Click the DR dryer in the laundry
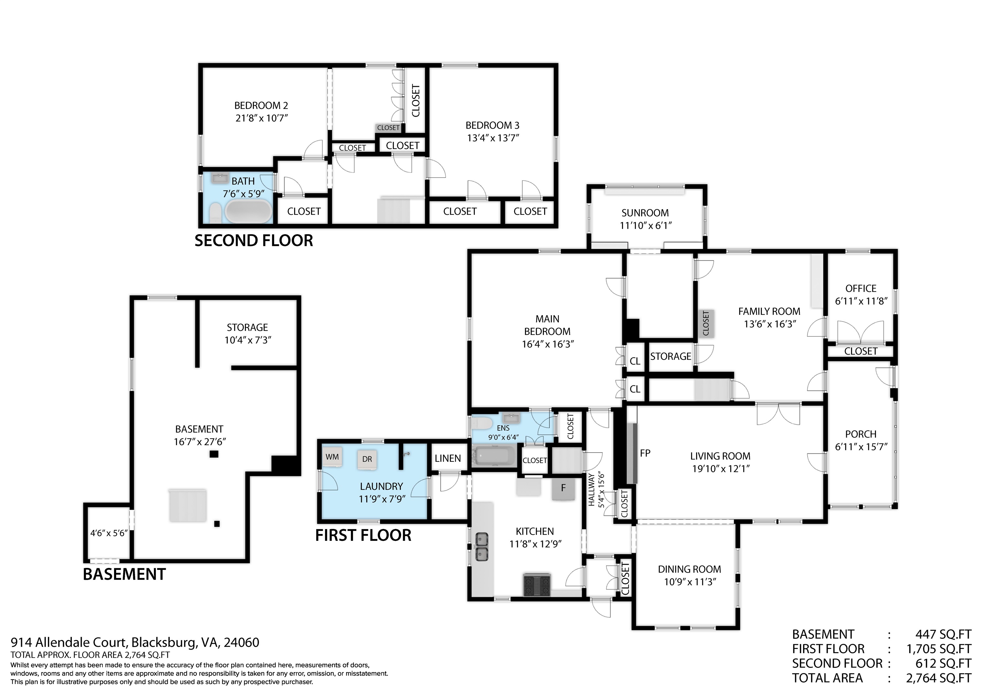click(367, 459)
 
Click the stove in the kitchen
click(537, 585)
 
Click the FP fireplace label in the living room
click(645, 453)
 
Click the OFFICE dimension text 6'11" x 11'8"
click(861, 301)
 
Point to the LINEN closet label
click(448, 458)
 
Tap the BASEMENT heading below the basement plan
click(124, 574)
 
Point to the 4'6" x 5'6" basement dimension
click(109, 533)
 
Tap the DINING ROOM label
click(689, 569)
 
